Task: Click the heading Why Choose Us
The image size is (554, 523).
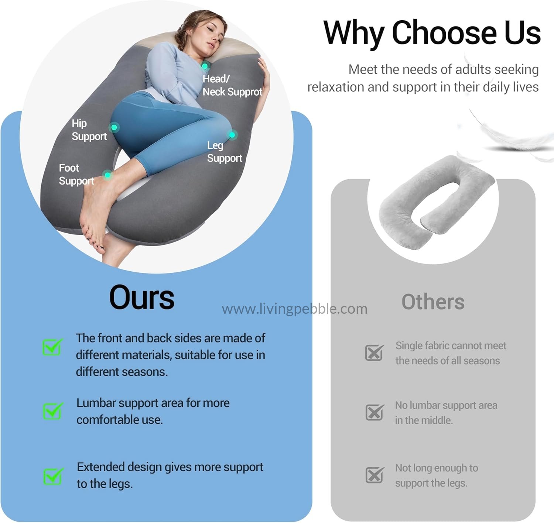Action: pyautogui.click(x=432, y=33)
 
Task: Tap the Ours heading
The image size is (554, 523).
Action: pyautogui.click(x=142, y=297)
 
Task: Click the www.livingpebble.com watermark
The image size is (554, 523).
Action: pyautogui.click(x=295, y=309)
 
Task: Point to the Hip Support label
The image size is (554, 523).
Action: pyautogui.click(x=89, y=130)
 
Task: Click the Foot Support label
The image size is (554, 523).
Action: pyautogui.click(x=76, y=175)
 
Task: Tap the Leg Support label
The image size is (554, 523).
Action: pyautogui.click(x=225, y=152)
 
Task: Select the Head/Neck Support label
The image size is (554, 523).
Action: pyautogui.click(x=232, y=85)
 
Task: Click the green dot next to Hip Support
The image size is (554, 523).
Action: pyautogui.click(x=114, y=127)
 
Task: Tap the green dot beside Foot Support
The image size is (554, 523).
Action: pyautogui.click(x=107, y=175)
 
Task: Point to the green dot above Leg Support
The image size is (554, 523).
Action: pyautogui.click(x=232, y=135)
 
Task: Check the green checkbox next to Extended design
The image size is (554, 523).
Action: pyautogui.click(x=53, y=476)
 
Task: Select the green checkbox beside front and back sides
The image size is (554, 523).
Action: pyautogui.click(x=53, y=347)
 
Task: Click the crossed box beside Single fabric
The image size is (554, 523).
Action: pyautogui.click(x=375, y=352)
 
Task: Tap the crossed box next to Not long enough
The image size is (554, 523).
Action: pyautogui.click(x=375, y=475)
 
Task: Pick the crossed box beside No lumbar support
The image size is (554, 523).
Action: pyautogui.click(x=375, y=412)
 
